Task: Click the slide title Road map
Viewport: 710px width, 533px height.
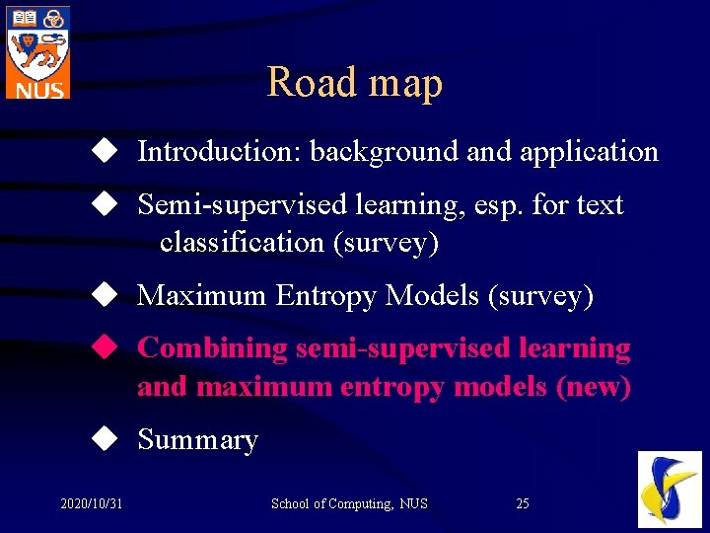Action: coord(354,83)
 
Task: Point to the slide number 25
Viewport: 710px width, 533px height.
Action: coord(523,504)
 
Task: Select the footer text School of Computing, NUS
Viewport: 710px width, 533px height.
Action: coord(349,504)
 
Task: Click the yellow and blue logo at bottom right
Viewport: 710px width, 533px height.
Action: coord(670,489)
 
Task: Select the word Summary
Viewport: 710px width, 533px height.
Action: coord(197,440)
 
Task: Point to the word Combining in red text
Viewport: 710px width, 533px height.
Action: coord(213,348)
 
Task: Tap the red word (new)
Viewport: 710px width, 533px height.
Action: coord(594,386)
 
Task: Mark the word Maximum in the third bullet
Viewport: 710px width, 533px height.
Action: coord(202,295)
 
